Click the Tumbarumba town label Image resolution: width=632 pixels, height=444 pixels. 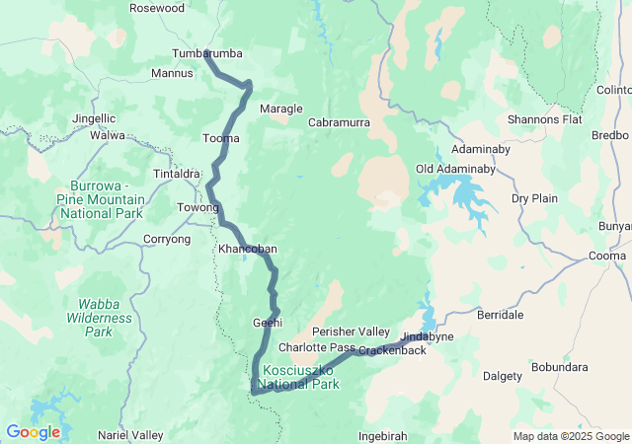pyautogui.click(x=206, y=53)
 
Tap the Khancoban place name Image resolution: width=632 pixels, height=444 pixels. pyautogui.click(x=242, y=249)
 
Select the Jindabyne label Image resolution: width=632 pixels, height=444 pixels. pyautogui.click(x=427, y=336)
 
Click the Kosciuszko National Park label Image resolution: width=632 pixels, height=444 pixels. pyautogui.click(x=300, y=378)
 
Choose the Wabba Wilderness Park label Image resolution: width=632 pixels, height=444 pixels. pyautogui.click(x=99, y=319)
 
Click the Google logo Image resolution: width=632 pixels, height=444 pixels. pyautogui.click(x=33, y=431)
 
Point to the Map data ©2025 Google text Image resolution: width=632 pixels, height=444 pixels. pyautogui.click(x=570, y=436)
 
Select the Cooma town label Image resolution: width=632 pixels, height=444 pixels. pyautogui.click(x=607, y=257)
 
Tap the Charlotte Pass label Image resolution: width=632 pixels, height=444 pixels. pyautogui.click(x=316, y=348)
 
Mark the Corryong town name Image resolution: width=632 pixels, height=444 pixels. pyautogui.click(x=167, y=239)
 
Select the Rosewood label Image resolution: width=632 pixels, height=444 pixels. pyautogui.click(x=157, y=8)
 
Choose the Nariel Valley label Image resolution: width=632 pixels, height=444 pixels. pyautogui.click(x=130, y=434)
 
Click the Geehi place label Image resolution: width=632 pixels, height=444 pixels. pyautogui.click(x=268, y=323)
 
